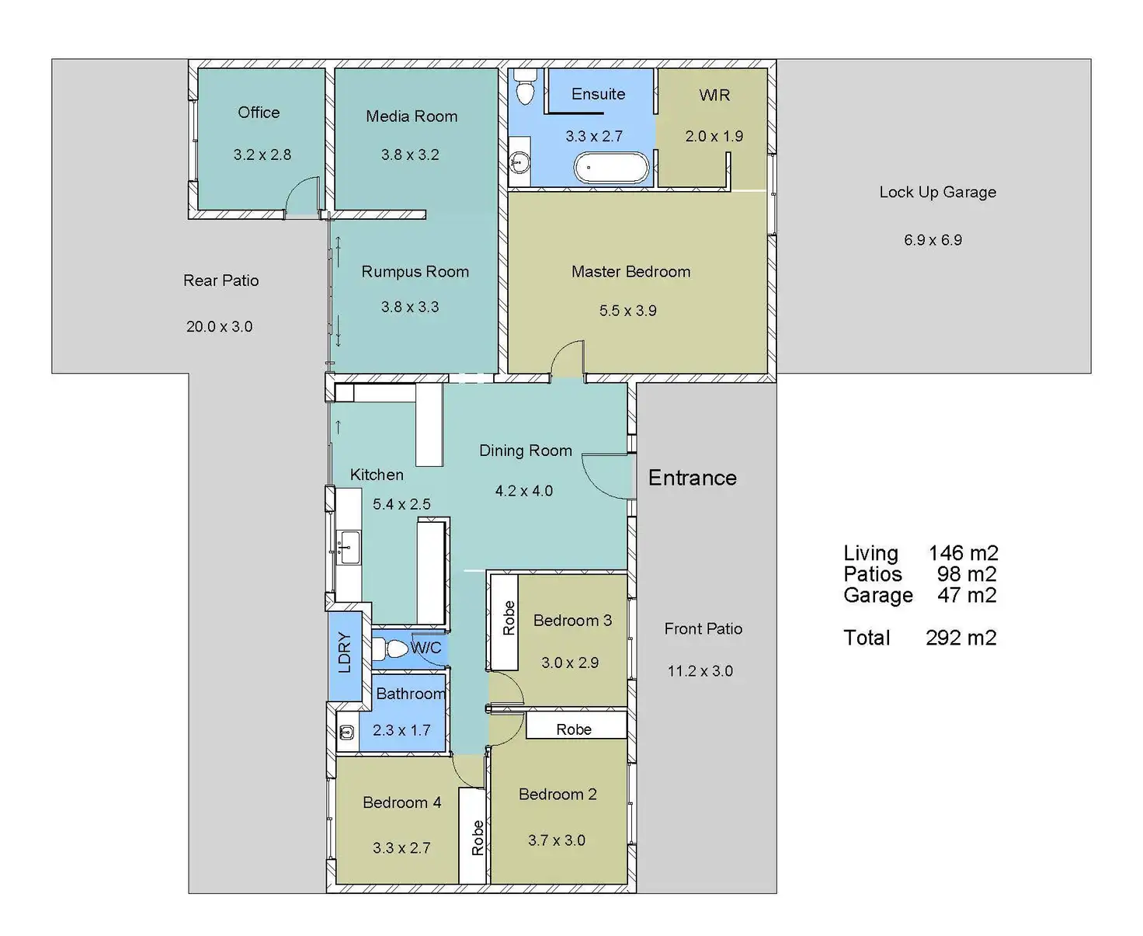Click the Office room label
[x=259, y=113]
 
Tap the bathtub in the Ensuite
[x=611, y=167]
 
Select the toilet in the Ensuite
[x=526, y=87]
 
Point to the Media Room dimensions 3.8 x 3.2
[x=410, y=155]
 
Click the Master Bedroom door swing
[x=568, y=360]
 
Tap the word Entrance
[x=692, y=478]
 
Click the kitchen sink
[x=349, y=548]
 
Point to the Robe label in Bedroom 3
[x=509, y=618]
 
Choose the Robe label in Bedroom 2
[x=574, y=729]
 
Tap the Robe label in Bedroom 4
[x=477, y=838]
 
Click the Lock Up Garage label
[x=937, y=192]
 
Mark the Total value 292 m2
[x=961, y=638]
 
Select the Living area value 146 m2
[x=963, y=553]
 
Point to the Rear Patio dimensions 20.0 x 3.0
[x=219, y=326]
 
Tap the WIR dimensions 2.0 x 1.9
[x=714, y=136]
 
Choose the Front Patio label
[x=703, y=628]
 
